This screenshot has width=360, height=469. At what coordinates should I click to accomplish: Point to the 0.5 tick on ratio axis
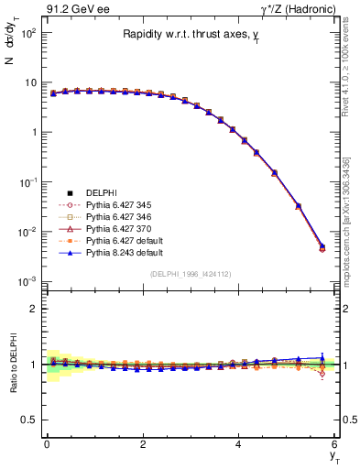tap(29, 420)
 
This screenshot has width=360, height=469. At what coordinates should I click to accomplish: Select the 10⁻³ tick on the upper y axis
tap(27, 280)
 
